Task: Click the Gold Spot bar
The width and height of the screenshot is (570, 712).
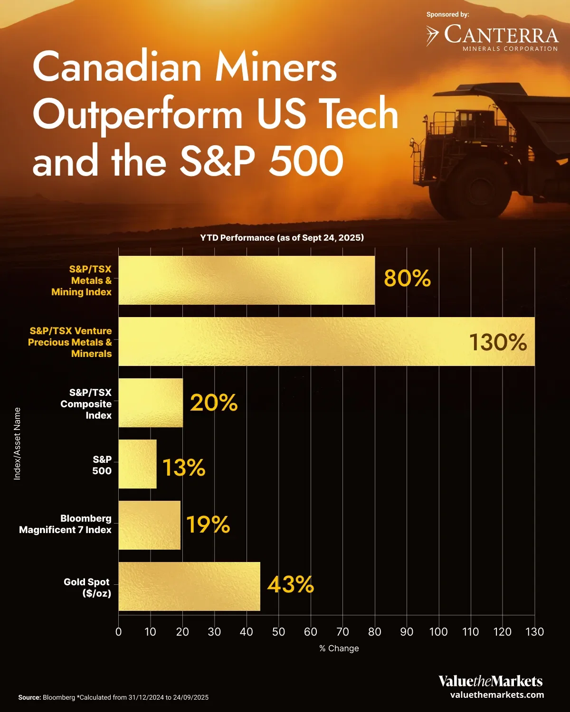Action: coord(189,586)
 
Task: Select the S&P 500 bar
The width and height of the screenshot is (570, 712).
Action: coord(137,464)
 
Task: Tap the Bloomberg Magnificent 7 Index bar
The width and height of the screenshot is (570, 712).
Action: coord(149,525)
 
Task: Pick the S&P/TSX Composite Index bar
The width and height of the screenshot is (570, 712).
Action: coord(151,403)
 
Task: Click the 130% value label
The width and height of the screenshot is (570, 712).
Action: coord(497,342)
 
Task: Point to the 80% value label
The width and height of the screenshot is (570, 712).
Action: coord(407,279)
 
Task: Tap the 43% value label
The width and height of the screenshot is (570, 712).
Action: coord(290,584)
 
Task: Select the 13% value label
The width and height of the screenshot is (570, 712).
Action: coord(184,468)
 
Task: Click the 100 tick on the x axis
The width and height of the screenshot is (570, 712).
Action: coord(438,632)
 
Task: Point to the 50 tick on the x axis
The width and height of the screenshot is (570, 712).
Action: coord(278,632)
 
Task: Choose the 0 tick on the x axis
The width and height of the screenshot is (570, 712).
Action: coord(118,632)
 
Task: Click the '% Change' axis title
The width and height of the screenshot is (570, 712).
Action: coord(339,648)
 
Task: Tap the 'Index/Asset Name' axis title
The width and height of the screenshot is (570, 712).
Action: coord(17,443)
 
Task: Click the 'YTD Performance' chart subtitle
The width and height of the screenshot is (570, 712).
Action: coord(282,238)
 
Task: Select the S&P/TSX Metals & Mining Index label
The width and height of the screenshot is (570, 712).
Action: coord(82,281)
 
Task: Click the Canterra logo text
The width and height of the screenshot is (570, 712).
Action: coord(501,36)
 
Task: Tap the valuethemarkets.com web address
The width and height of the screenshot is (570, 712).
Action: coord(497,695)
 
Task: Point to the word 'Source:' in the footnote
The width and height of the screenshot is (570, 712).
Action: coord(29,697)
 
